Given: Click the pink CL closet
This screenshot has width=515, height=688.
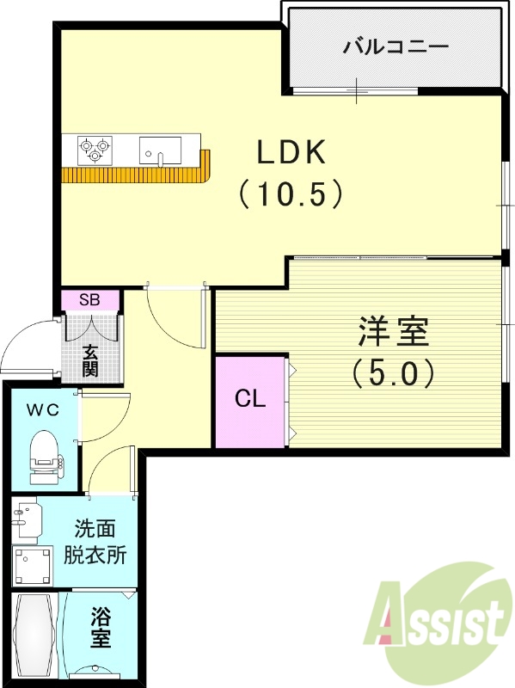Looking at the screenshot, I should (x=249, y=400).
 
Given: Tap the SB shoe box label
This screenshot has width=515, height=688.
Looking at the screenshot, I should (x=89, y=300).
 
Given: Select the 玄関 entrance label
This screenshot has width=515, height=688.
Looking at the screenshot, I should (x=90, y=360).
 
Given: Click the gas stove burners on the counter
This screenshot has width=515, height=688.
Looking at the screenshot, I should (x=96, y=150).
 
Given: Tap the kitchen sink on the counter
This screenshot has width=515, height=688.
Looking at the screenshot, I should (x=161, y=150).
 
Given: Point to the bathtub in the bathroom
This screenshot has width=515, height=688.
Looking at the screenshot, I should (x=34, y=635).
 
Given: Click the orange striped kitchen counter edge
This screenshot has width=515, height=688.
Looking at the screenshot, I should (x=138, y=175).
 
